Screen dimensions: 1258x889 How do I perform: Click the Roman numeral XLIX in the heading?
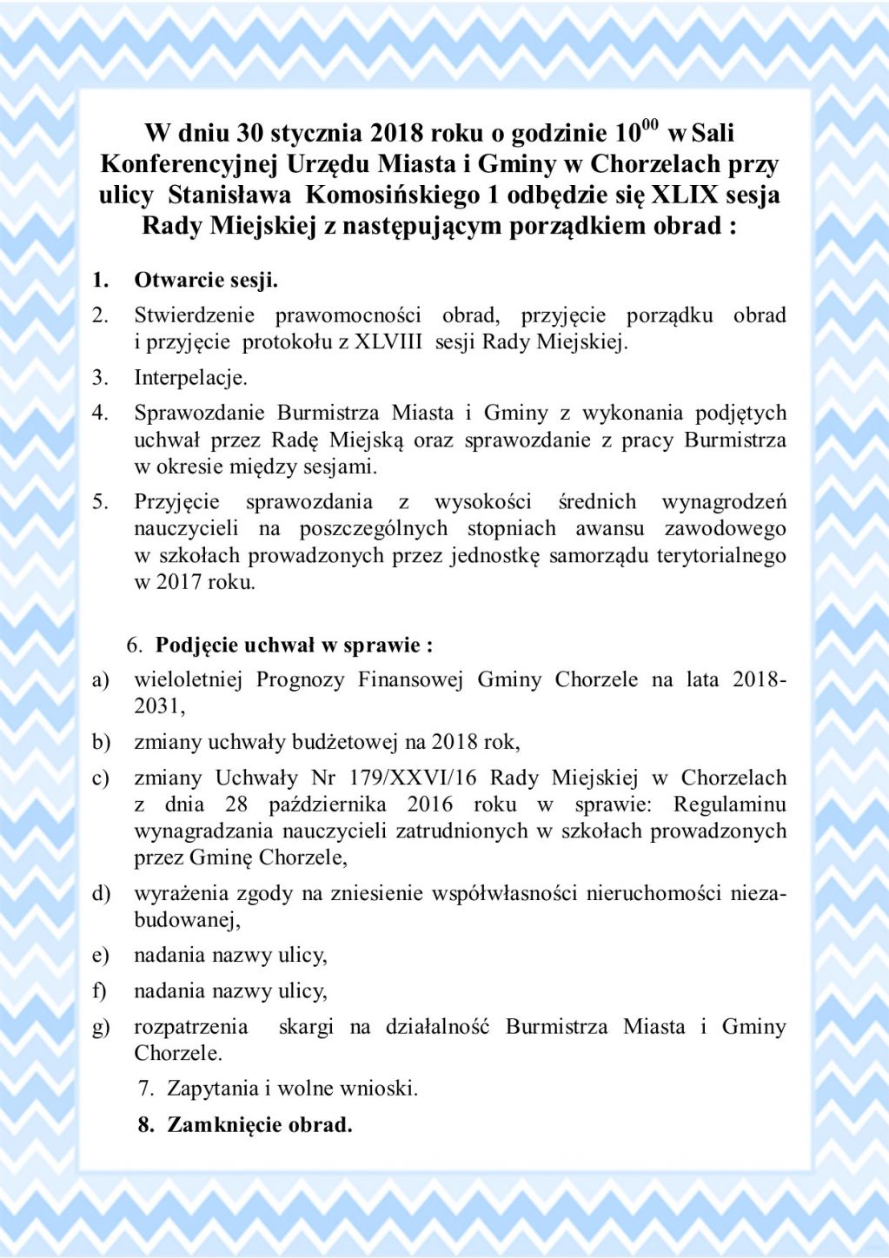685,195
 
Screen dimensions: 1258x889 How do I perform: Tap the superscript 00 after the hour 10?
649,125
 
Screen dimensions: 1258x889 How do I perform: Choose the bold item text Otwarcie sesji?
206,280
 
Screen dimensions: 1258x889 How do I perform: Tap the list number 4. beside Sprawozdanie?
101,413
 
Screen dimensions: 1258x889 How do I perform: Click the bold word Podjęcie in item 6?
196,645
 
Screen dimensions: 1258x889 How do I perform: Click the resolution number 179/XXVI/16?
413,778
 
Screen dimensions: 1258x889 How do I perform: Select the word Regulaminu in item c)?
729,804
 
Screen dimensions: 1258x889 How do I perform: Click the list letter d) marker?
102,893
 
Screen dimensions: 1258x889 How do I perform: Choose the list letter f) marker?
100,991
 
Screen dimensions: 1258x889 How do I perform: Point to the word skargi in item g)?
306,1027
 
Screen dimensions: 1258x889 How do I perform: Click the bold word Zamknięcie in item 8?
221,1125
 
